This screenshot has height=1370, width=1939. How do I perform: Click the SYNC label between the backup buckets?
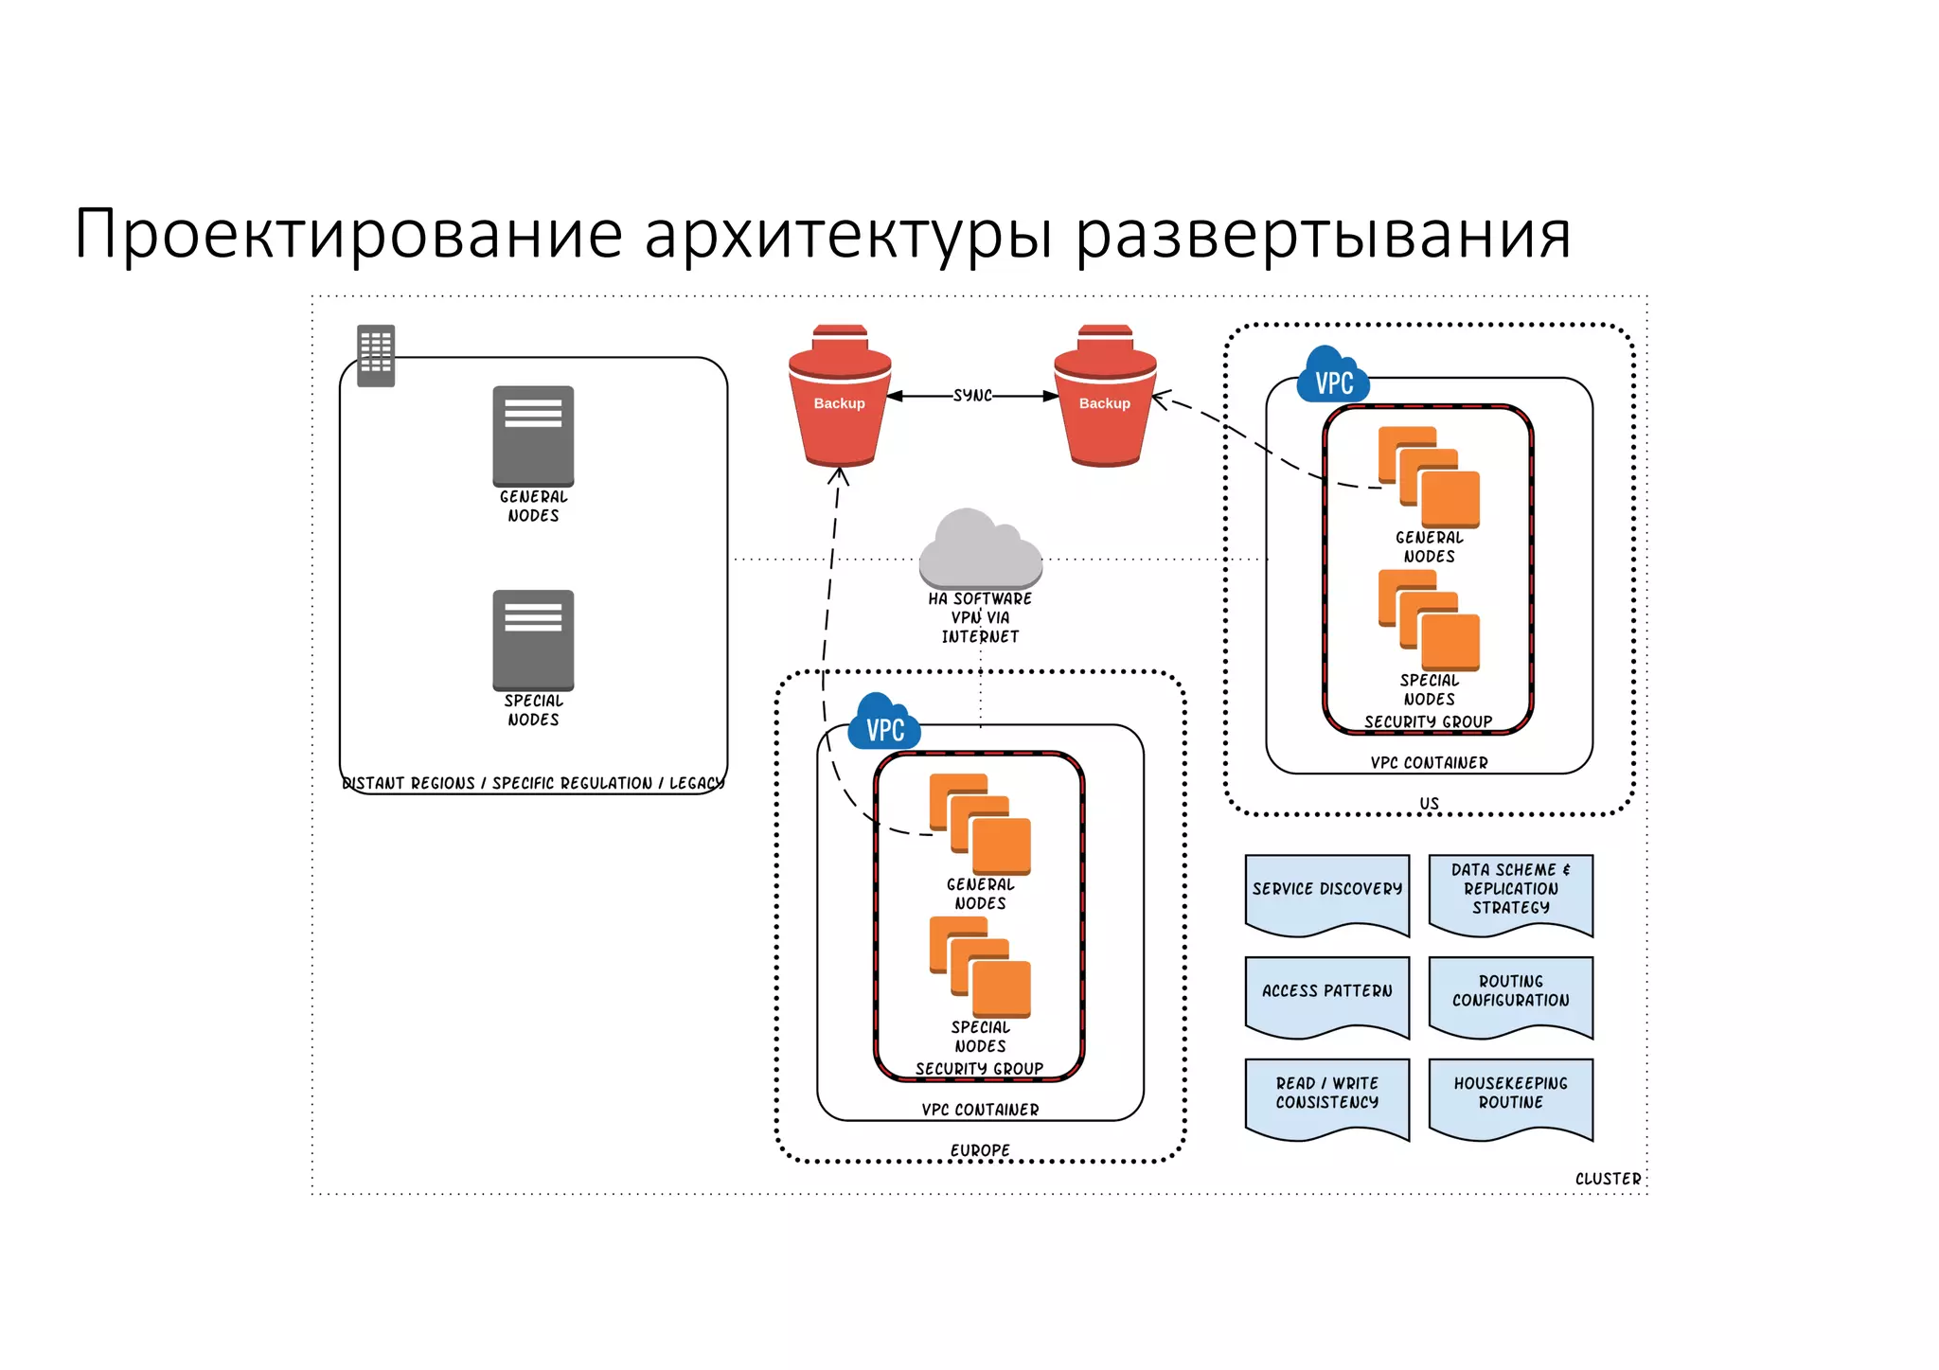point(972,396)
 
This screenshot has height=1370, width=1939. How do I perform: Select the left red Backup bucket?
point(840,399)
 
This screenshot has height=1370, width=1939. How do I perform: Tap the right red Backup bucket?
point(1105,399)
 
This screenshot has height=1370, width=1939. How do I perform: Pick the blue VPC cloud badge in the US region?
point(1333,378)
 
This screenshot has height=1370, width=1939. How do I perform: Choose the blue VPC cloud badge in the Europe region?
point(884,724)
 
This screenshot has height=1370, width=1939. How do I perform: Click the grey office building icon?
point(376,356)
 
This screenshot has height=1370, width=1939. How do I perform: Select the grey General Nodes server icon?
point(533,436)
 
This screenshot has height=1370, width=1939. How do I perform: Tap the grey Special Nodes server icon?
point(533,640)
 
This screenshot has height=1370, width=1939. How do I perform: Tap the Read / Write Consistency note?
point(1327,1095)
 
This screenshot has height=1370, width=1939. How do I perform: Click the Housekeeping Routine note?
point(1511,1095)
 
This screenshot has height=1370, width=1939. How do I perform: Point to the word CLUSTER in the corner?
point(1608,1179)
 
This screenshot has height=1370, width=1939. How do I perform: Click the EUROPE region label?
point(980,1150)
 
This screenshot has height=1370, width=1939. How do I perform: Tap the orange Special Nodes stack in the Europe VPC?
point(980,967)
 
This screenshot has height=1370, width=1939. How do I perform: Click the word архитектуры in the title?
point(848,234)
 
